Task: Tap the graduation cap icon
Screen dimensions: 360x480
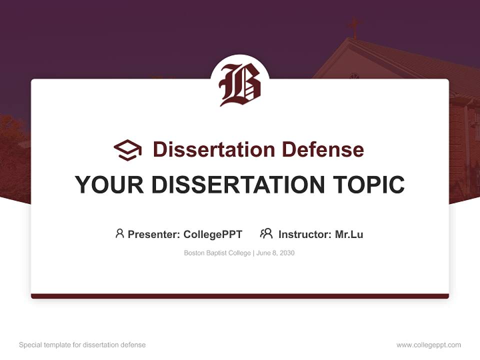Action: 127,150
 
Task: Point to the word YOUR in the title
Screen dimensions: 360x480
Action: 109,184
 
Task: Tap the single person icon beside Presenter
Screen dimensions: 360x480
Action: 119,233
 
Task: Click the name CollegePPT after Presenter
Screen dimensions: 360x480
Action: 213,234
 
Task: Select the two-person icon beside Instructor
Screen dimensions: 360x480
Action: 266,233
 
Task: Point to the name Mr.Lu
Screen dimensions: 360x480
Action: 349,234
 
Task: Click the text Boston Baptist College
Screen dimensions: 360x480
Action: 217,253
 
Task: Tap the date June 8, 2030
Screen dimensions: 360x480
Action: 275,253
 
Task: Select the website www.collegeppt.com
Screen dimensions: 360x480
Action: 428,345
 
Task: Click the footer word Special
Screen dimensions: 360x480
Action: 29,345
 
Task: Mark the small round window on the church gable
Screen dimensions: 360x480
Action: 354,76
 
